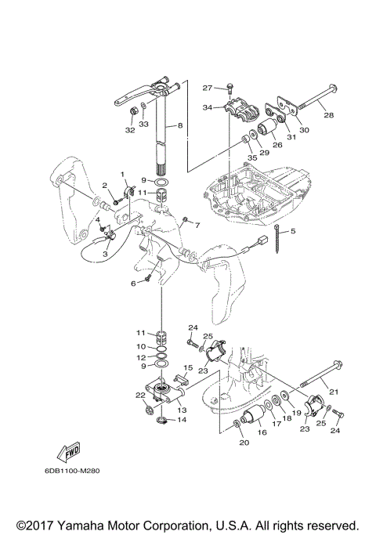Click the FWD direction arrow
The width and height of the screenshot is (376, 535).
click(69, 452)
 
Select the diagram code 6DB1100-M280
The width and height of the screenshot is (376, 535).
click(72, 471)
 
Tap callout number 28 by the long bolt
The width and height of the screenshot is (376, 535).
click(328, 115)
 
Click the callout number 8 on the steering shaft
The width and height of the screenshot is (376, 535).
click(180, 125)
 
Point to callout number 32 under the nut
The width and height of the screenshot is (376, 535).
click(130, 130)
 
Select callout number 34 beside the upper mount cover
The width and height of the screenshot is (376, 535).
click(208, 107)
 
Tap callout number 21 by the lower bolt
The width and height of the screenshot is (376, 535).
click(333, 392)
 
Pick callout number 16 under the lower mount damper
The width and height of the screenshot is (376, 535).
click(262, 432)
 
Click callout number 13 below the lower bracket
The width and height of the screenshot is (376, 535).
click(182, 410)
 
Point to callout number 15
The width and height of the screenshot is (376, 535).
click(188, 368)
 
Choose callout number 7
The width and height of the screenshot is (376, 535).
click(197, 225)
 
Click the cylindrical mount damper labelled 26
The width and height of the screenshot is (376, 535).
click(267, 129)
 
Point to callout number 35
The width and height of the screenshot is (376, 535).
click(252, 157)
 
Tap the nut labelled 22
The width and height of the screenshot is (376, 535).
click(148, 410)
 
